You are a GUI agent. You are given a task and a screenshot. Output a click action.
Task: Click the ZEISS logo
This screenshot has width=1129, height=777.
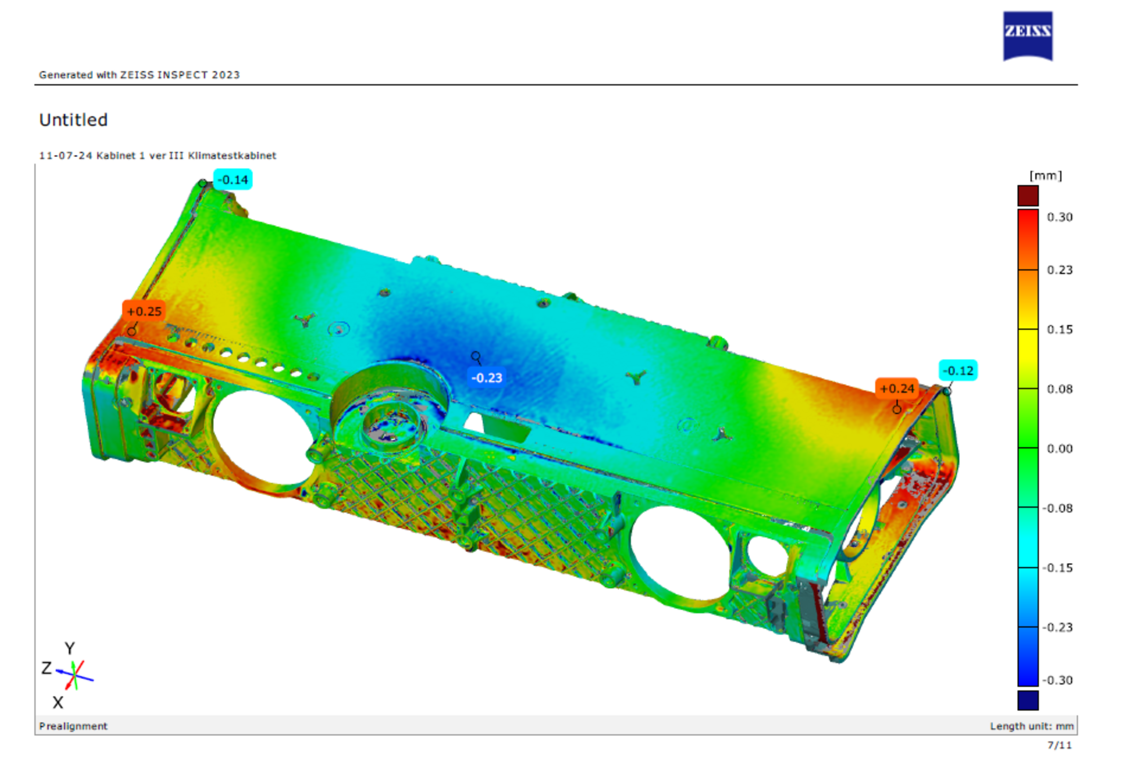point(1027,36)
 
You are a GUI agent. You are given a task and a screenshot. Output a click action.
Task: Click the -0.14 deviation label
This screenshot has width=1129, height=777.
point(233,180)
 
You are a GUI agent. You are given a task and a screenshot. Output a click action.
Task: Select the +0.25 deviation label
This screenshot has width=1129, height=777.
point(144,311)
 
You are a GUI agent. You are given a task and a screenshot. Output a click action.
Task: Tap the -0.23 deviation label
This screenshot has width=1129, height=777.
point(487,378)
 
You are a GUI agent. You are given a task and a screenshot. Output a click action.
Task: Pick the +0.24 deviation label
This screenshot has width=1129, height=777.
point(897,388)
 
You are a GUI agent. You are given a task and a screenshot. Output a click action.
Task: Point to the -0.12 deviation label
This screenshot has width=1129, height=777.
point(958,370)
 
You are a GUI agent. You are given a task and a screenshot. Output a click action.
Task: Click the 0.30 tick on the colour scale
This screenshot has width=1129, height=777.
point(1060,217)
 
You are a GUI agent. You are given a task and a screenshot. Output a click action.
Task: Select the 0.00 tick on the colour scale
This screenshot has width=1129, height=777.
point(1060,449)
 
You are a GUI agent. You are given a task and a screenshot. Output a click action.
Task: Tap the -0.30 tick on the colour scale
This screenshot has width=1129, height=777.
point(1057,680)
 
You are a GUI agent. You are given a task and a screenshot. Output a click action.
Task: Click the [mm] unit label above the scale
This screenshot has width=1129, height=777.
point(1045,176)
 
